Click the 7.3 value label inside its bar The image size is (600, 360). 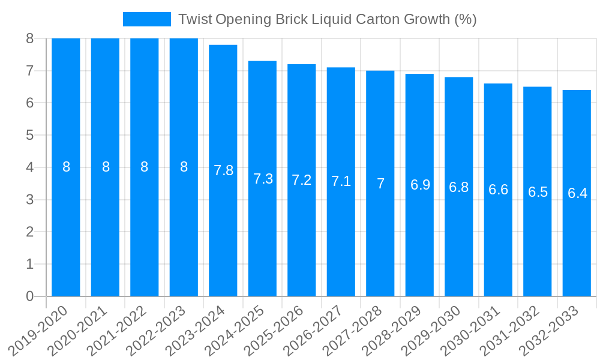click(263, 179)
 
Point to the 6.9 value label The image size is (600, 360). click(420, 185)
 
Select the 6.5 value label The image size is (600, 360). click(538, 192)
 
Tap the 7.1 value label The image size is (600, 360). click(341, 181)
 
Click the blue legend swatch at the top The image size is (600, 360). click(147, 19)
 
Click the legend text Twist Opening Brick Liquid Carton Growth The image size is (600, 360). click(327, 19)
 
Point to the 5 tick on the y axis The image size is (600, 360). click(30, 135)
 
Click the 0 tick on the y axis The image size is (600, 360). click(30, 296)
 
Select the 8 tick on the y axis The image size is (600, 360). click(30, 39)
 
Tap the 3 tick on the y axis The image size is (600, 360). click(30, 200)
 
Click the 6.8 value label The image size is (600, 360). click(459, 187)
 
